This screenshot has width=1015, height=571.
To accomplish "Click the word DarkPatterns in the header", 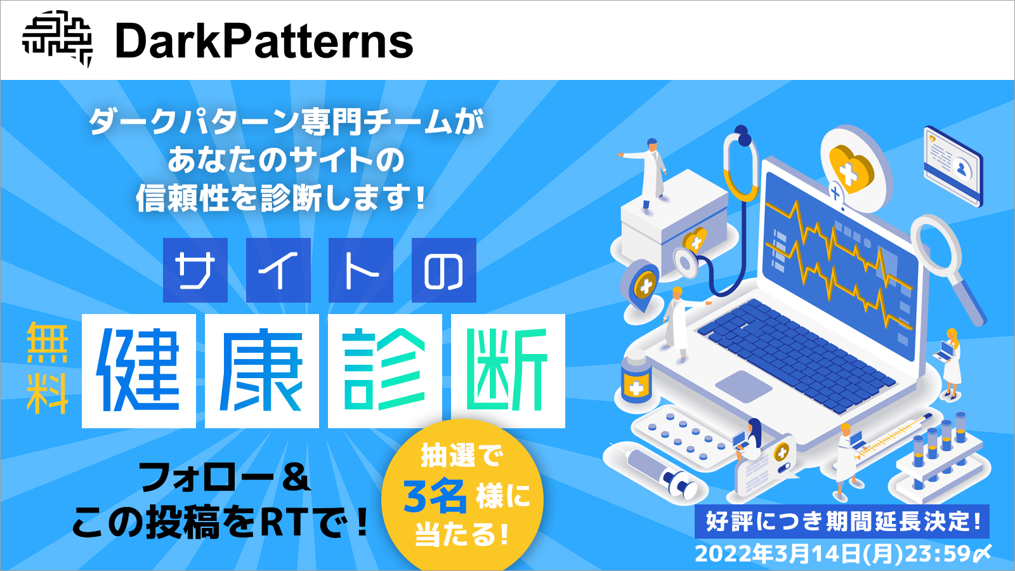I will click(x=264, y=42).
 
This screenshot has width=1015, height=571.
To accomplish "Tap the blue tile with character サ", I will click(x=195, y=270).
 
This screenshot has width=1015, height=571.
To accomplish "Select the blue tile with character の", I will click(x=443, y=270).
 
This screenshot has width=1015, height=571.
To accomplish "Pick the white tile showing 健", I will click(x=138, y=371).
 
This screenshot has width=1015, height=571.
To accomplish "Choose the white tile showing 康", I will click(x=261, y=371).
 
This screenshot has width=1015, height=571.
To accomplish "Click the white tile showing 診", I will click(x=384, y=371).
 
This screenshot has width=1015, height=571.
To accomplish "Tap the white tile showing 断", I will click(x=507, y=371).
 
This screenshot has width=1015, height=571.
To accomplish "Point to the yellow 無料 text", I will click(x=48, y=368).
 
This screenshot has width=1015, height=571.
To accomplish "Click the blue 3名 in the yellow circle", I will click(x=435, y=496).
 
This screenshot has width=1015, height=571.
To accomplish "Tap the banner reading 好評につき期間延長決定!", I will click(x=842, y=522).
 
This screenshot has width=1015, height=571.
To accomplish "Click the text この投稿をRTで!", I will click(x=219, y=523).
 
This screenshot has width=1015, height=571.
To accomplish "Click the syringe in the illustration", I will click(x=660, y=473).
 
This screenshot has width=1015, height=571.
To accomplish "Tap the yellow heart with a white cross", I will click(x=850, y=168).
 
